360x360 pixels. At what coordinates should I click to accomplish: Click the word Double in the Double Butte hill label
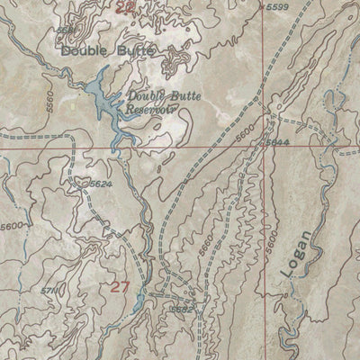click(84, 52)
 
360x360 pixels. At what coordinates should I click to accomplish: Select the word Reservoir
click(149, 107)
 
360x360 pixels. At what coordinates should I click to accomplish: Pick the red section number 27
click(120, 287)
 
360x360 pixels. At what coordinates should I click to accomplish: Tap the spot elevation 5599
click(278, 7)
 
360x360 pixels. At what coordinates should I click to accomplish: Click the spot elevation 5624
click(101, 184)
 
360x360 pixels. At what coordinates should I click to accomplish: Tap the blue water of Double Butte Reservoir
click(100, 97)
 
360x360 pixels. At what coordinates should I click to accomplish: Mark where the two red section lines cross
click(267, 144)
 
